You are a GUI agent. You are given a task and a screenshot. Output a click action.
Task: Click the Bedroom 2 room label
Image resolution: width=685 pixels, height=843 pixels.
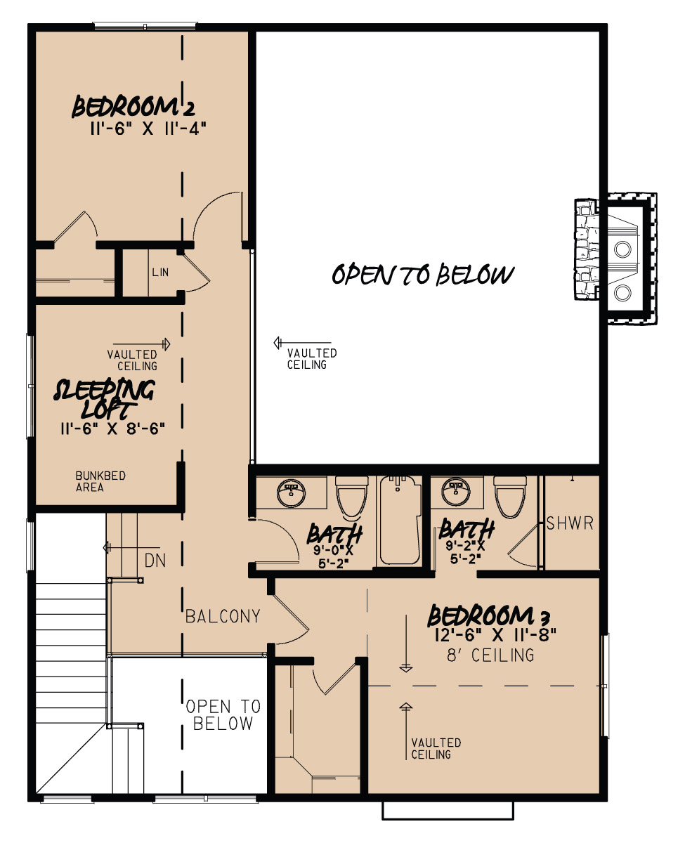click(x=133, y=108)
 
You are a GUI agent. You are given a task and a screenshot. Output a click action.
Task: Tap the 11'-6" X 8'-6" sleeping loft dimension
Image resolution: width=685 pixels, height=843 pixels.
click(x=112, y=428)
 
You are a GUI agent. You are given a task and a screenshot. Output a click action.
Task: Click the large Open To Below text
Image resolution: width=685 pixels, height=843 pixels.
click(x=423, y=275)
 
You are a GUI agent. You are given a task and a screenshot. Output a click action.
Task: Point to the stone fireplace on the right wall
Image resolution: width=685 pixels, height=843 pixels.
click(x=615, y=259)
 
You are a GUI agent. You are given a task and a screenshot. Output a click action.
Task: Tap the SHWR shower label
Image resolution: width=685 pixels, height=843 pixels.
click(x=570, y=523)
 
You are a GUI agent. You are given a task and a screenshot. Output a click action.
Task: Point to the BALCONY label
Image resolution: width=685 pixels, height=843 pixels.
click(x=223, y=617)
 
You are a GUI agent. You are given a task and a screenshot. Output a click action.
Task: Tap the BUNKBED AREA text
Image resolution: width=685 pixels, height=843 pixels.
click(x=100, y=482)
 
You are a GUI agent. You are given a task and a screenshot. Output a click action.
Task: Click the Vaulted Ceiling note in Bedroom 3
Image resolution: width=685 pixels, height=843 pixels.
click(x=436, y=748)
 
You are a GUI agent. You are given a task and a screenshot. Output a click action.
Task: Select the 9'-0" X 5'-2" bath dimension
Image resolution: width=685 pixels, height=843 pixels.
click(x=334, y=556)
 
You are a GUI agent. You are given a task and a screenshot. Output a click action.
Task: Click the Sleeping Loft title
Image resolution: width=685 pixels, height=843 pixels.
click(x=105, y=398)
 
